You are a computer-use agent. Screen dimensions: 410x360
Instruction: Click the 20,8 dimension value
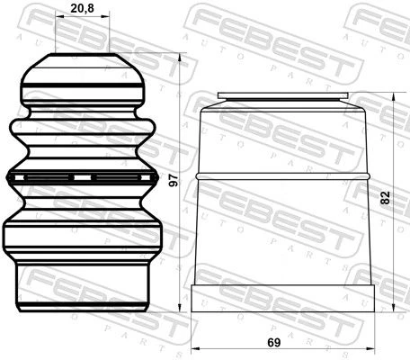[x=82, y=8]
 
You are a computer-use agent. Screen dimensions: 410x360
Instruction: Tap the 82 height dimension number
[x=385, y=198]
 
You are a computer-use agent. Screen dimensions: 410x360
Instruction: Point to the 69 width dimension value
[x=274, y=342]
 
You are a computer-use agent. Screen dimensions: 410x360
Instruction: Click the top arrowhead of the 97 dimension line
[x=180, y=58]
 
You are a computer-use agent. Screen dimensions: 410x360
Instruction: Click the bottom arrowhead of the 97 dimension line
[x=180, y=308]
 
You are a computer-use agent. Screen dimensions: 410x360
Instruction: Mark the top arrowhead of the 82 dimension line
[x=394, y=97]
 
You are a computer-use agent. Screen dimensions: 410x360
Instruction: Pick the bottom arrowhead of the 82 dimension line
[x=394, y=308]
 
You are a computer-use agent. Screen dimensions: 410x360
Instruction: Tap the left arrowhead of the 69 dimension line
[x=196, y=349]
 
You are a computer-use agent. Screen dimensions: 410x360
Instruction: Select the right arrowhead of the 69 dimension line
[x=370, y=349]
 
